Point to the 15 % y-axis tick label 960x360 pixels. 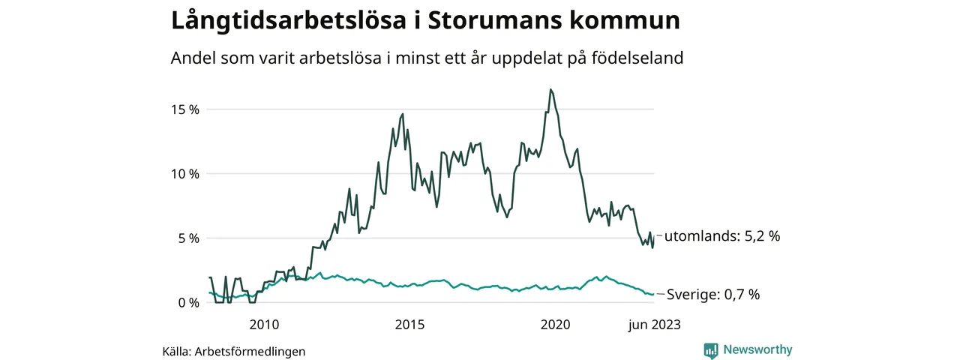point(184,109)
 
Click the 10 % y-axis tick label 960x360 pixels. point(184,174)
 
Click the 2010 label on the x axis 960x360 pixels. point(264,325)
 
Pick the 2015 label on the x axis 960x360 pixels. point(409,325)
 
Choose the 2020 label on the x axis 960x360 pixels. point(556,325)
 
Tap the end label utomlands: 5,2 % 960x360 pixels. point(722,236)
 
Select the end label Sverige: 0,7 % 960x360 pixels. point(712,295)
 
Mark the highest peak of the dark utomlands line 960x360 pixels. point(550,89)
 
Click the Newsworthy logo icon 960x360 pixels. point(711,350)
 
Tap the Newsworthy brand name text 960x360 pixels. point(757,350)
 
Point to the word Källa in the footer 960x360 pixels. point(178,351)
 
